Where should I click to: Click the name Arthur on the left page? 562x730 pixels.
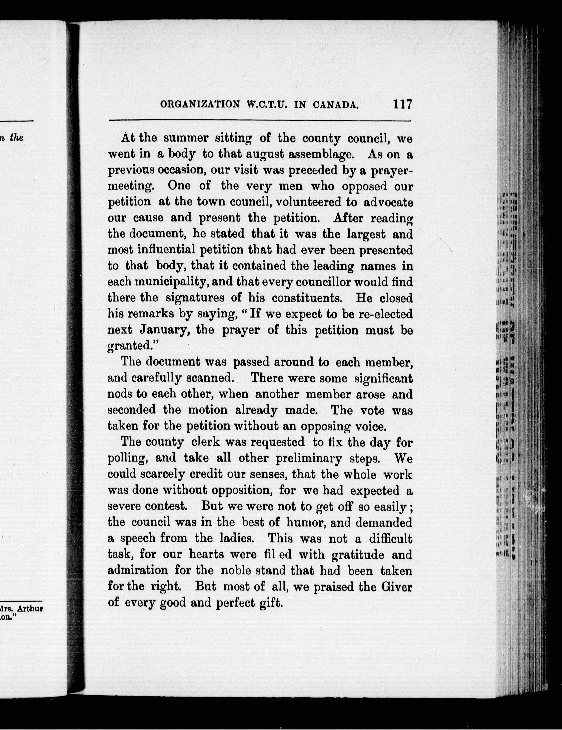[x=30, y=608]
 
